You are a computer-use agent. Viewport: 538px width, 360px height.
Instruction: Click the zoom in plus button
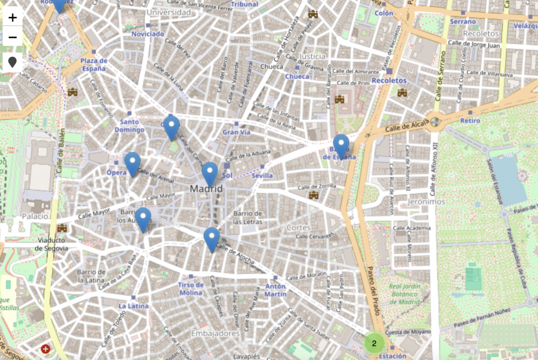tap(13, 17)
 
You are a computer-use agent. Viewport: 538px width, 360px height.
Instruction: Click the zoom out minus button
tap(13, 38)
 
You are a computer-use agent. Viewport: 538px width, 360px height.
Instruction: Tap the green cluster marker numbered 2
tap(374, 343)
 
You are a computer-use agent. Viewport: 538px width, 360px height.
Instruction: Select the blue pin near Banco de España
tap(341, 145)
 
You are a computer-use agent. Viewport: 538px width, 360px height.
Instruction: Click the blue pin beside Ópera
tap(132, 163)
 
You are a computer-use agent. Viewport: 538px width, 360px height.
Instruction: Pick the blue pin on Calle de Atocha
tap(212, 239)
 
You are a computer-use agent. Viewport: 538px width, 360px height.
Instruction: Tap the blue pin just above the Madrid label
tap(209, 173)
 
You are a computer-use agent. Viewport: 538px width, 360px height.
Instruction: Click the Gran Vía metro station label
tap(236, 132)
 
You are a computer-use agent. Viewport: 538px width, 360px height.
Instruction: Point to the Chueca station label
tap(297, 77)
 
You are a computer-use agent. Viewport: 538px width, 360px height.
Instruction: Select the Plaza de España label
tap(93, 64)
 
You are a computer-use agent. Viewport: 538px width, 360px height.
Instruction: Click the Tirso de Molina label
tap(191, 289)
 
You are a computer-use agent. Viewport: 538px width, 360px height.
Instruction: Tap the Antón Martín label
tap(275, 290)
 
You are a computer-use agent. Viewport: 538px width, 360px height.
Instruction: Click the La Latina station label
tap(133, 306)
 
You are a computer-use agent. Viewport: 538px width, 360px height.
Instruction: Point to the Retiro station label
tap(470, 121)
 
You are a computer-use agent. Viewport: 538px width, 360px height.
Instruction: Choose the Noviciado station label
tap(148, 34)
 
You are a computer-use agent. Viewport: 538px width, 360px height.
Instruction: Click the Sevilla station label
tap(262, 176)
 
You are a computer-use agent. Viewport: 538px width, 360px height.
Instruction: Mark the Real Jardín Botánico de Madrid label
tap(404, 294)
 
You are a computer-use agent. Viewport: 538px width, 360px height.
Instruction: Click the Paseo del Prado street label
tap(374, 290)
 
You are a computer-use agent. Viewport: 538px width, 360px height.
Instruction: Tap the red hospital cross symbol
tap(45, 349)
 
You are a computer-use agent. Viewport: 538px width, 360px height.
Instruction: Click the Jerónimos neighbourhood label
tap(426, 202)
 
